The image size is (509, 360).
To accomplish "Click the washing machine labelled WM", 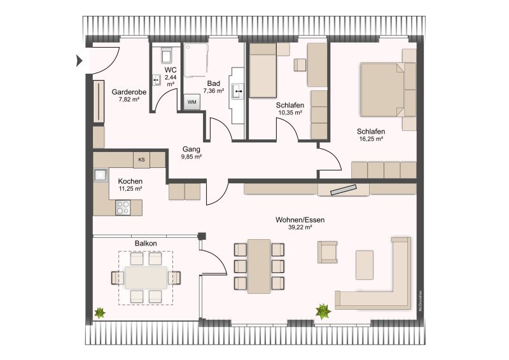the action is pos(192,102).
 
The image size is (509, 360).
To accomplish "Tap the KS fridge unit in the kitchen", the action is pos(141,160).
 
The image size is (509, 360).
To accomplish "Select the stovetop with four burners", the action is pos(123,207).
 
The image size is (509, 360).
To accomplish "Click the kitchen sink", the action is pos(101,175).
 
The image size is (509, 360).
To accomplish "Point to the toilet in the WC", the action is pos(167,55).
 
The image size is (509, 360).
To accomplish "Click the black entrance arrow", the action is pos(79,60).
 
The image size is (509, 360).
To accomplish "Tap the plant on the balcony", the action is pos(100,312).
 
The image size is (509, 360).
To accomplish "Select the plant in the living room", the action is pos(323,312).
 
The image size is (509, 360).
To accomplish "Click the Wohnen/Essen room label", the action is pos(300,220).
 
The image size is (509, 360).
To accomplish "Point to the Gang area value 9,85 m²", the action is pos(192,156).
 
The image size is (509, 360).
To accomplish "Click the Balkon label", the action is pos(146,243).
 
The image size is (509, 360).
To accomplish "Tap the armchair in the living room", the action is pos(327,252).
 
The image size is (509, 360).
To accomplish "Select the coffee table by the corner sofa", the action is pos(365,265).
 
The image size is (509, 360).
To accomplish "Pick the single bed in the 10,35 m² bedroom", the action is pos(263,71).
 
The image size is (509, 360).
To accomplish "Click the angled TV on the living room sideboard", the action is pos(344,190).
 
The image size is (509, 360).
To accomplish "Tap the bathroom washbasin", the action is pos(238,92).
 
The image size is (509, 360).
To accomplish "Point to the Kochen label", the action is pos(130,181).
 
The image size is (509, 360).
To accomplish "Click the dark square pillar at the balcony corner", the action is pos(202,237).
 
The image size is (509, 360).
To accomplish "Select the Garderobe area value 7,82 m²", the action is pos(129,99).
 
